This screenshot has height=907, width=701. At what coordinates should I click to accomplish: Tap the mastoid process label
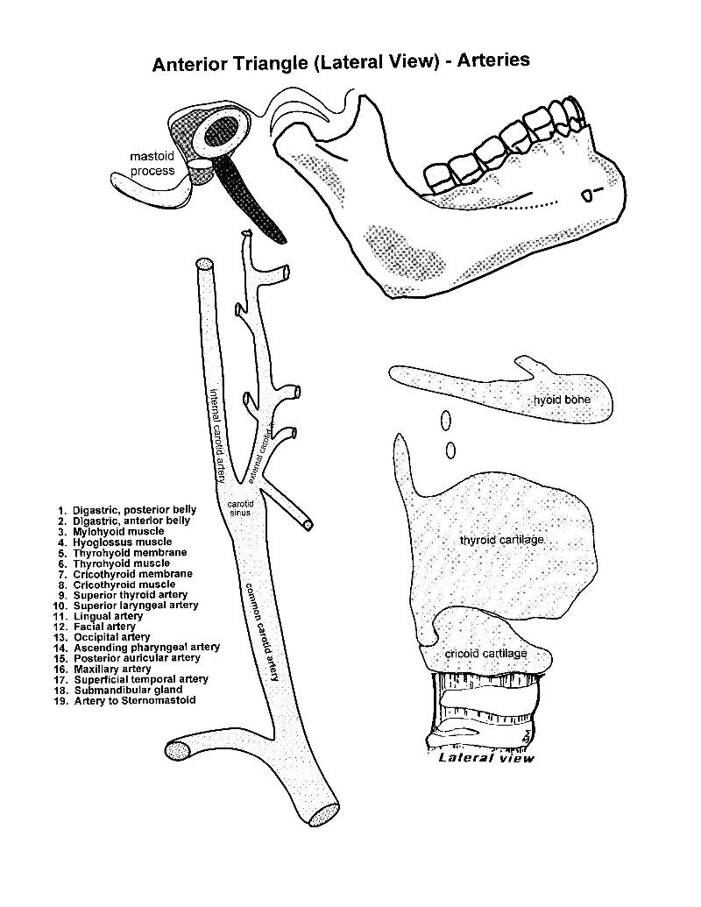152,164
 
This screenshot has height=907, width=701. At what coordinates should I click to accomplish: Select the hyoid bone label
563,400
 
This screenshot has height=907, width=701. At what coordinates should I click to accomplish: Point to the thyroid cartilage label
501,540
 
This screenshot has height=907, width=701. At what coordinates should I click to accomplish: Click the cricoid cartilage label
485,654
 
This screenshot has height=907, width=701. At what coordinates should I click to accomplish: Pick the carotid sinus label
239,508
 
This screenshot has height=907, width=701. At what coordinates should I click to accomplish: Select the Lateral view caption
485,758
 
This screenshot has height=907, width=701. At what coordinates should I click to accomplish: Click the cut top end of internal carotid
205,263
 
